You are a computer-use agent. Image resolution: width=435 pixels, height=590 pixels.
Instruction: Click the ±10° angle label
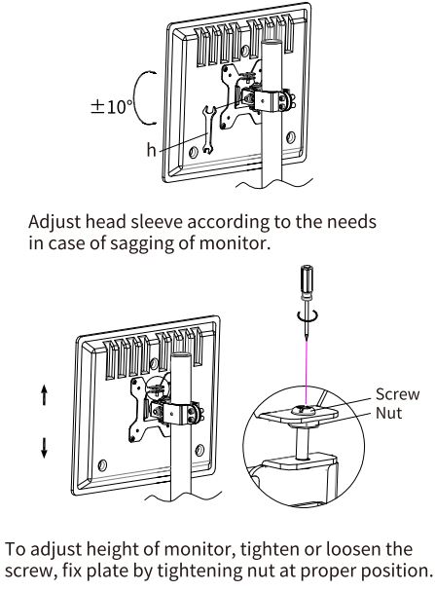pos(112,106)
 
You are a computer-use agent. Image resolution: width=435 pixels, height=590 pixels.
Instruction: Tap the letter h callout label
pos(151,150)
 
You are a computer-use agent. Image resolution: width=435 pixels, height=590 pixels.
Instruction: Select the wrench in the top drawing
pos(207,129)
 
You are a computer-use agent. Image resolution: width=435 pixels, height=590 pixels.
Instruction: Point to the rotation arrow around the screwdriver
pos(308,314)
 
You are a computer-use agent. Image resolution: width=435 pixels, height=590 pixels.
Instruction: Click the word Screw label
pos(397,394)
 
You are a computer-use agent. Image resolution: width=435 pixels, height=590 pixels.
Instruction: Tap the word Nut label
pos(388,413)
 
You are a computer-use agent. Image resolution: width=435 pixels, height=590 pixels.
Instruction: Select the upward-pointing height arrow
pos(45,395)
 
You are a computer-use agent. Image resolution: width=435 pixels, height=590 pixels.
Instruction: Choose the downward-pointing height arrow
pos(45,448)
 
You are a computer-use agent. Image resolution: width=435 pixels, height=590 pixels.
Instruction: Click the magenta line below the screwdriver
pos(307,373)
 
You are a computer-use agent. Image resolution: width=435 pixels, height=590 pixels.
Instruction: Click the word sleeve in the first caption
pos(157,221)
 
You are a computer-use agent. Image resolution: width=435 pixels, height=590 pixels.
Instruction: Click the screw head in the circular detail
pos(305,409)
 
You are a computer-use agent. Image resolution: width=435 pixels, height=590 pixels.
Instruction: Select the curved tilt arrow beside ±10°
pos(140,97)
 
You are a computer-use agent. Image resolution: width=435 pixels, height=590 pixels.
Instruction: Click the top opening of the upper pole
pos(272,41)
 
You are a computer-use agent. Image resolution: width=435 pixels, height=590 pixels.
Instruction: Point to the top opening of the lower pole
pos(182,354)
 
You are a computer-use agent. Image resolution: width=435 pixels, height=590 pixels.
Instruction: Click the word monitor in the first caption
pos(235,243)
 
